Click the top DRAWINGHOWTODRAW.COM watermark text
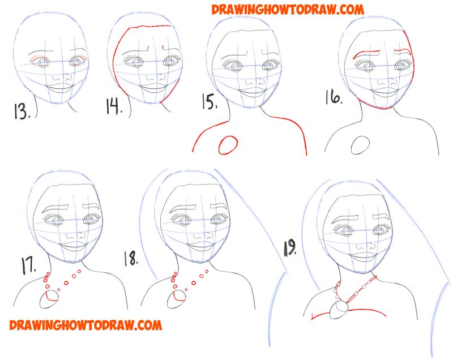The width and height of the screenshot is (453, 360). tap(288, 9)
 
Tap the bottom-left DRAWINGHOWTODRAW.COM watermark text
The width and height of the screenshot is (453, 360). tap(86, 325)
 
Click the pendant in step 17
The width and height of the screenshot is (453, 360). tap(49, 299)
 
